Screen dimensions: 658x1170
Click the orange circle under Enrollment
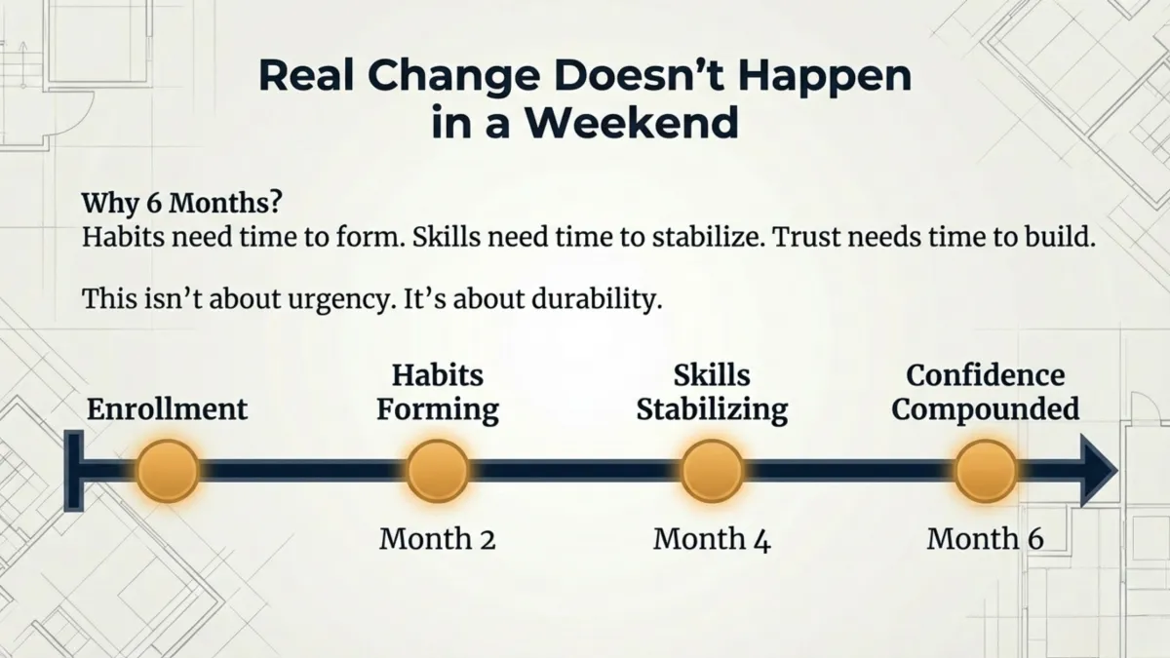(x=168, y=471)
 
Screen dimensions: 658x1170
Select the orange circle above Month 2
(x=438, y=471)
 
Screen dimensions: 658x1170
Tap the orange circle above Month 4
(x=712, y=471)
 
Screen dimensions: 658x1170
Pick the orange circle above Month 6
(x=985, y=471)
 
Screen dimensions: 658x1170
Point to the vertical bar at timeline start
(x=72, y=471)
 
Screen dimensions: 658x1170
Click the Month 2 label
(x=438, y=538)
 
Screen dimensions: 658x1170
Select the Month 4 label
(x=712, y=538)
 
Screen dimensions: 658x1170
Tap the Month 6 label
(x=985, y=538)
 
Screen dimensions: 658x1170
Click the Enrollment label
(x=168, y=408)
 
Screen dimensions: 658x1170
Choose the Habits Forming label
(x=438, y=392)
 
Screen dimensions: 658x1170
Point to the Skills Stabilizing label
(x=712, y=392)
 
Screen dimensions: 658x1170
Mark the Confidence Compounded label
(x=985, y=392)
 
